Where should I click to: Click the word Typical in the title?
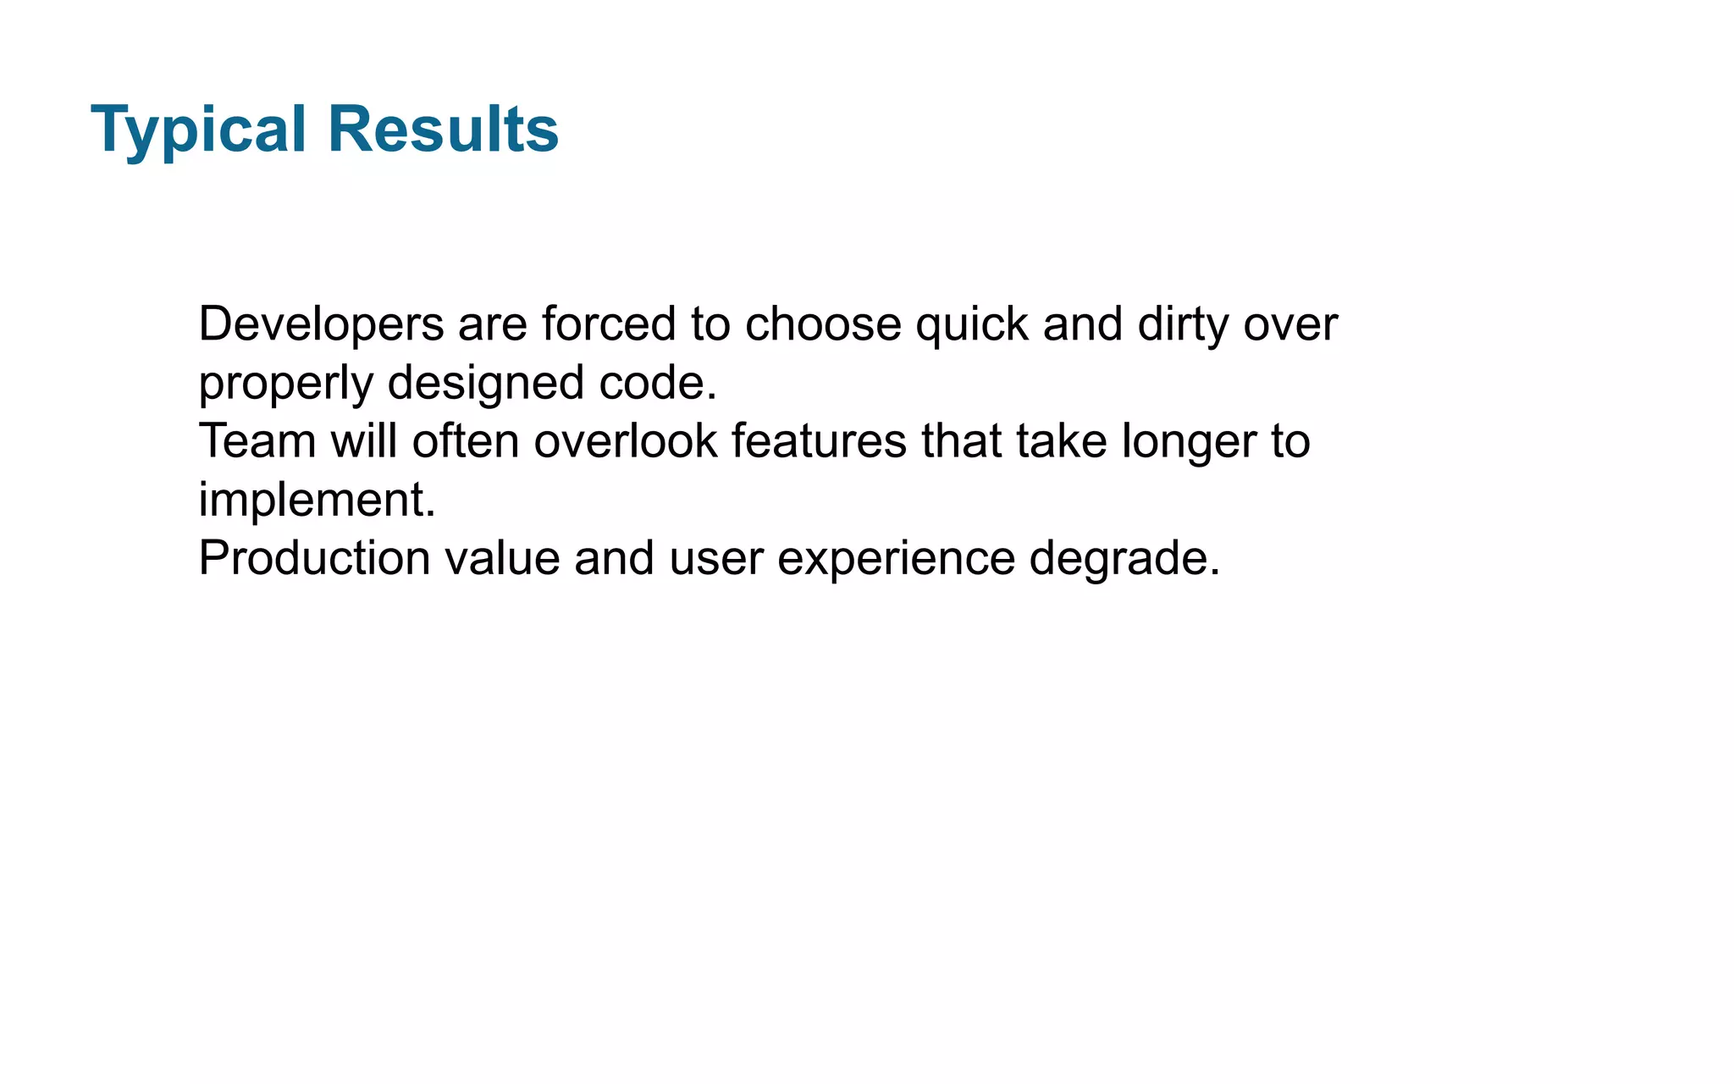[x=198, y=130]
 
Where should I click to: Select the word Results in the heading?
[x=443, y=129]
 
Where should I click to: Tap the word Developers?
[x=321, y=325]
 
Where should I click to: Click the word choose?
[x=823, y=324]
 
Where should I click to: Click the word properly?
[x=285, y=384]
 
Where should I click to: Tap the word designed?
[x=486, y=384]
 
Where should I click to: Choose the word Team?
[x=257, y=441]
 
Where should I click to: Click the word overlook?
[x=626, y=441]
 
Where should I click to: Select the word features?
[x=819, y=441]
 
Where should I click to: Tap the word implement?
[x=317, y=500]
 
